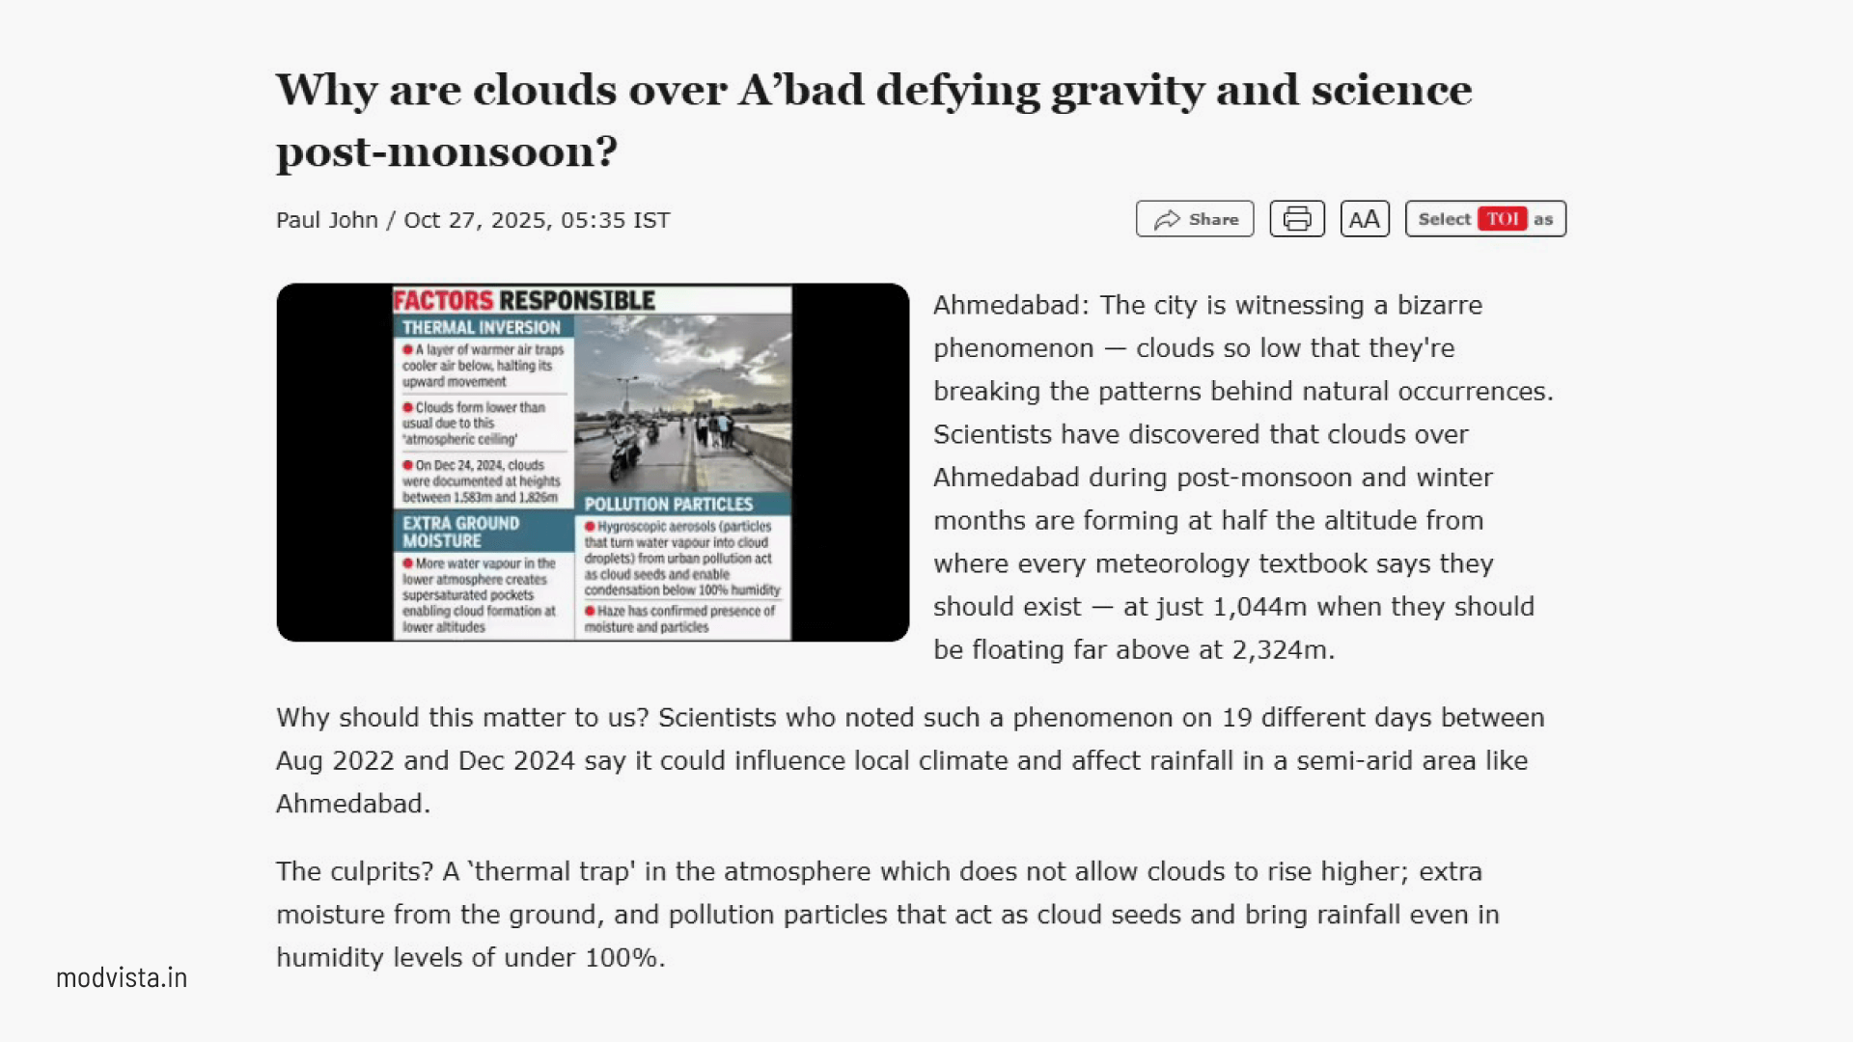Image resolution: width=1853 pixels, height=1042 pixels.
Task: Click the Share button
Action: point(1195,219)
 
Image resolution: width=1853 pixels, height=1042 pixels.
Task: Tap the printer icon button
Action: point(1297,219)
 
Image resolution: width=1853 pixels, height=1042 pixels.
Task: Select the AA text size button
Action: point(1365,219)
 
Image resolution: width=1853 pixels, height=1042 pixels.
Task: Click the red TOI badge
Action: point(1503,219)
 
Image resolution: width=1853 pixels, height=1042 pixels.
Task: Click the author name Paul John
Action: point(326,220)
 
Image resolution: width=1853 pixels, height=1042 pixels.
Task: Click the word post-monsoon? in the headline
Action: point(447,152)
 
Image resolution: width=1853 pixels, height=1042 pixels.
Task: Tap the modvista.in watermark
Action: point(122,977)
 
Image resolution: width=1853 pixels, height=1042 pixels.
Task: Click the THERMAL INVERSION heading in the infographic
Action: point(481,327)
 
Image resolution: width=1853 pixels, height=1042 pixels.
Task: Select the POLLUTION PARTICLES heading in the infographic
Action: point(668,504)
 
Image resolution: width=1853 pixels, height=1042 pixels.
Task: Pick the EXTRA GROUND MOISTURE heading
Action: point(461,532)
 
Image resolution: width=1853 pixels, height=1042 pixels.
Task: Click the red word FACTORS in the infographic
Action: point(443,301)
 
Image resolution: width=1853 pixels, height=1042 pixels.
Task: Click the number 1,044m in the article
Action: point(1259,607)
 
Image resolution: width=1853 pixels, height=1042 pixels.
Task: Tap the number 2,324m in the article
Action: point(1283,650)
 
